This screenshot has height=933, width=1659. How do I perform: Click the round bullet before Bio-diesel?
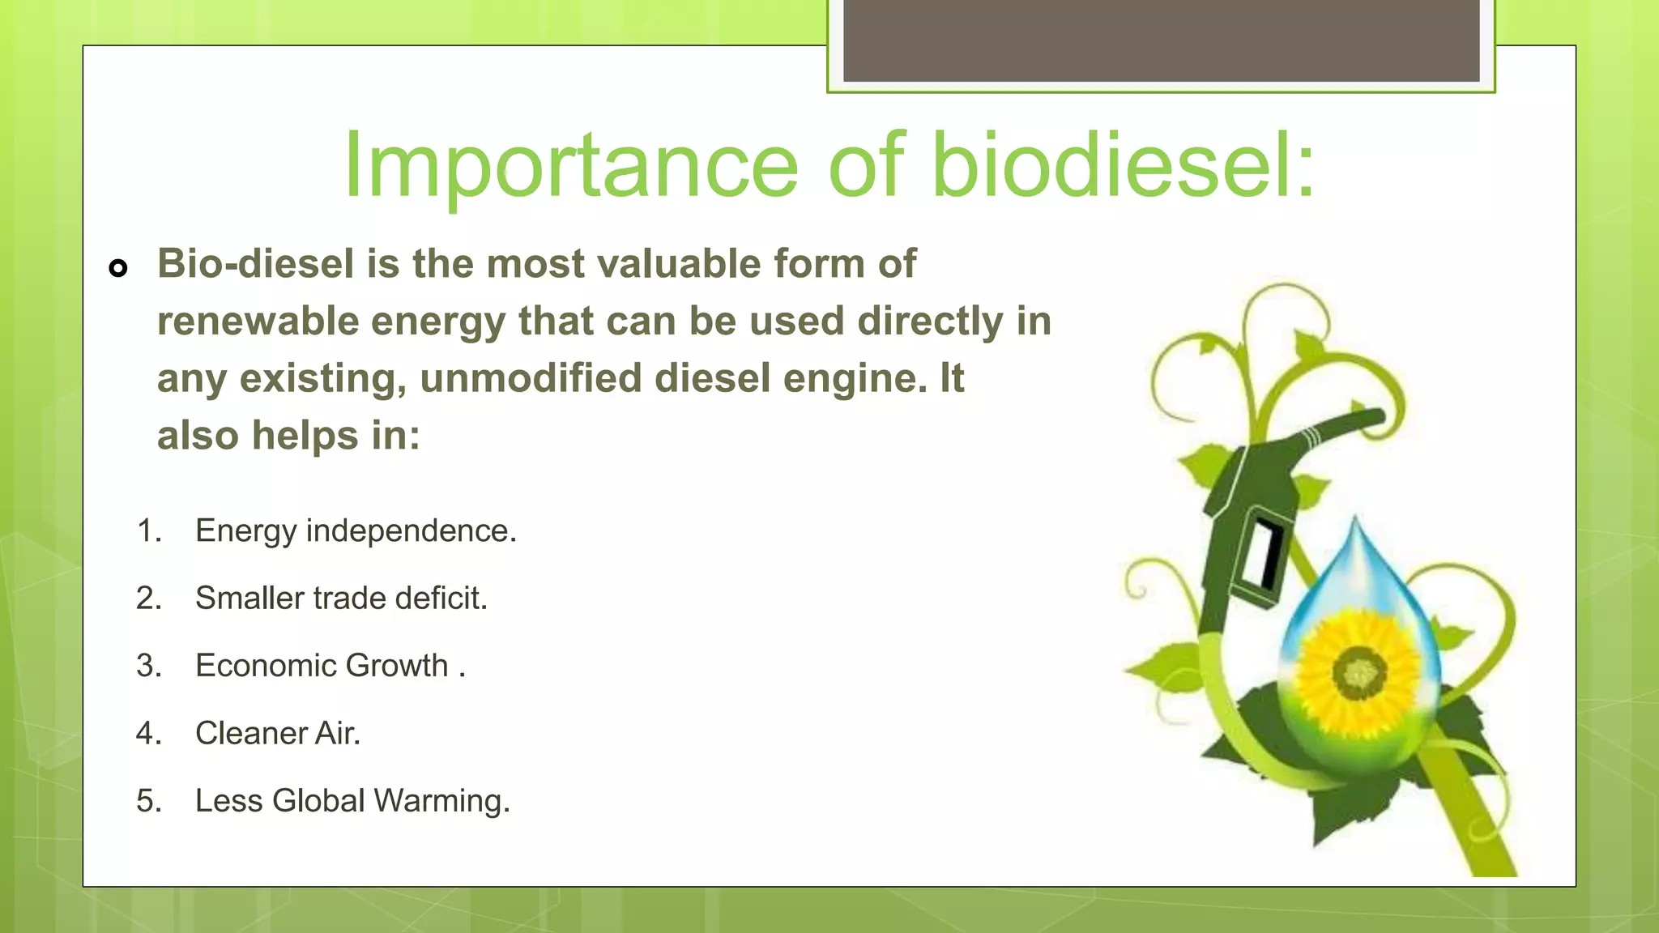[118, 268]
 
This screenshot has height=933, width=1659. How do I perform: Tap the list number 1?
[148, 531]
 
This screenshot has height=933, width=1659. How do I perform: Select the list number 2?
[148, 599]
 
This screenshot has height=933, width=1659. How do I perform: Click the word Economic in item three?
[264, 666]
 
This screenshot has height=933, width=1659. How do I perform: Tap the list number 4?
[148, 733]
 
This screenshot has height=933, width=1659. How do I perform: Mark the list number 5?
[148, 801]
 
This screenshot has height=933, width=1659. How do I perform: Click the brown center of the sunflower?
[1358, 671]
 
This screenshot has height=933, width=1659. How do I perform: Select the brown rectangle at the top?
[1161, 40]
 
